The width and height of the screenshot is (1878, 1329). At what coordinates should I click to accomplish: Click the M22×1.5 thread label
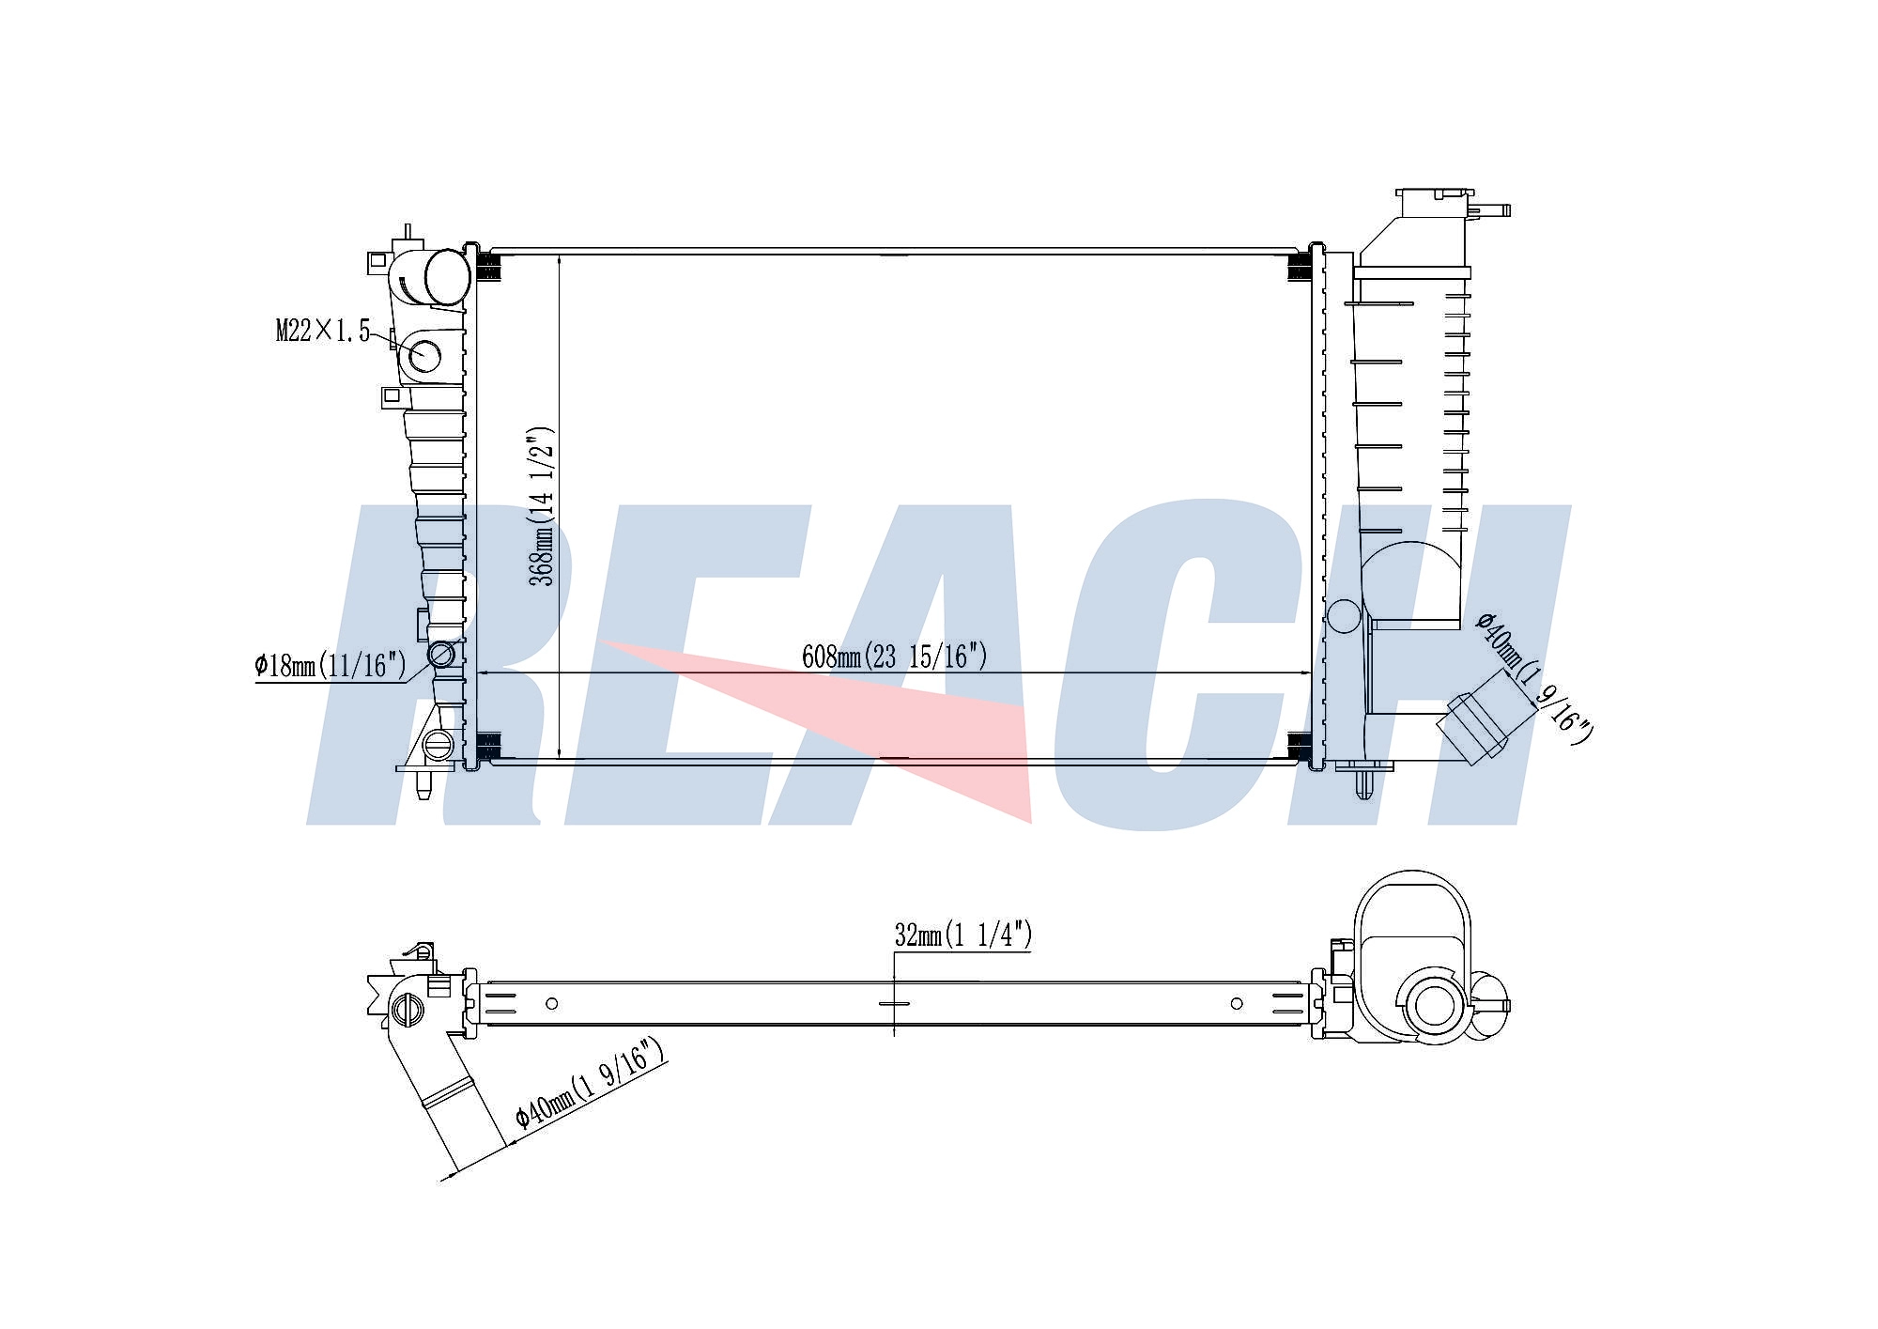pos(322,331)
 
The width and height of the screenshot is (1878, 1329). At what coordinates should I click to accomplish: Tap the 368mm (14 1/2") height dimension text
pos(542,506)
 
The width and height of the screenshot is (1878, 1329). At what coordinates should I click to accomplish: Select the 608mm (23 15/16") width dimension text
pos(894,656)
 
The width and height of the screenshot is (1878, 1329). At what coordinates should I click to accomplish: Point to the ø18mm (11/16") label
pos(330,666)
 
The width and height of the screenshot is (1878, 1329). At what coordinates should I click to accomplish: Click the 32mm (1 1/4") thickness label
pos(962,935)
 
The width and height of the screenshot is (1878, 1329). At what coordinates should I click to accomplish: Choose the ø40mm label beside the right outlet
pos(1534,678)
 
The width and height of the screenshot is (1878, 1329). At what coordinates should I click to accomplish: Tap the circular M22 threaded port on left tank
pos(425,355)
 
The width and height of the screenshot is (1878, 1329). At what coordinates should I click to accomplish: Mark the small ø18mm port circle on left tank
pos(441,654)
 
